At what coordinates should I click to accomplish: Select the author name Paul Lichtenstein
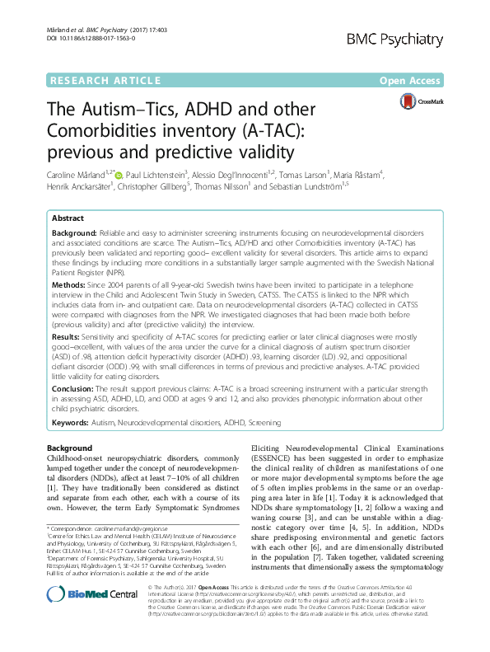pyautogui.click(x=156, y=175)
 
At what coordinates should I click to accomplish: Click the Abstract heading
pyautogui.click(x=68, y=219)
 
